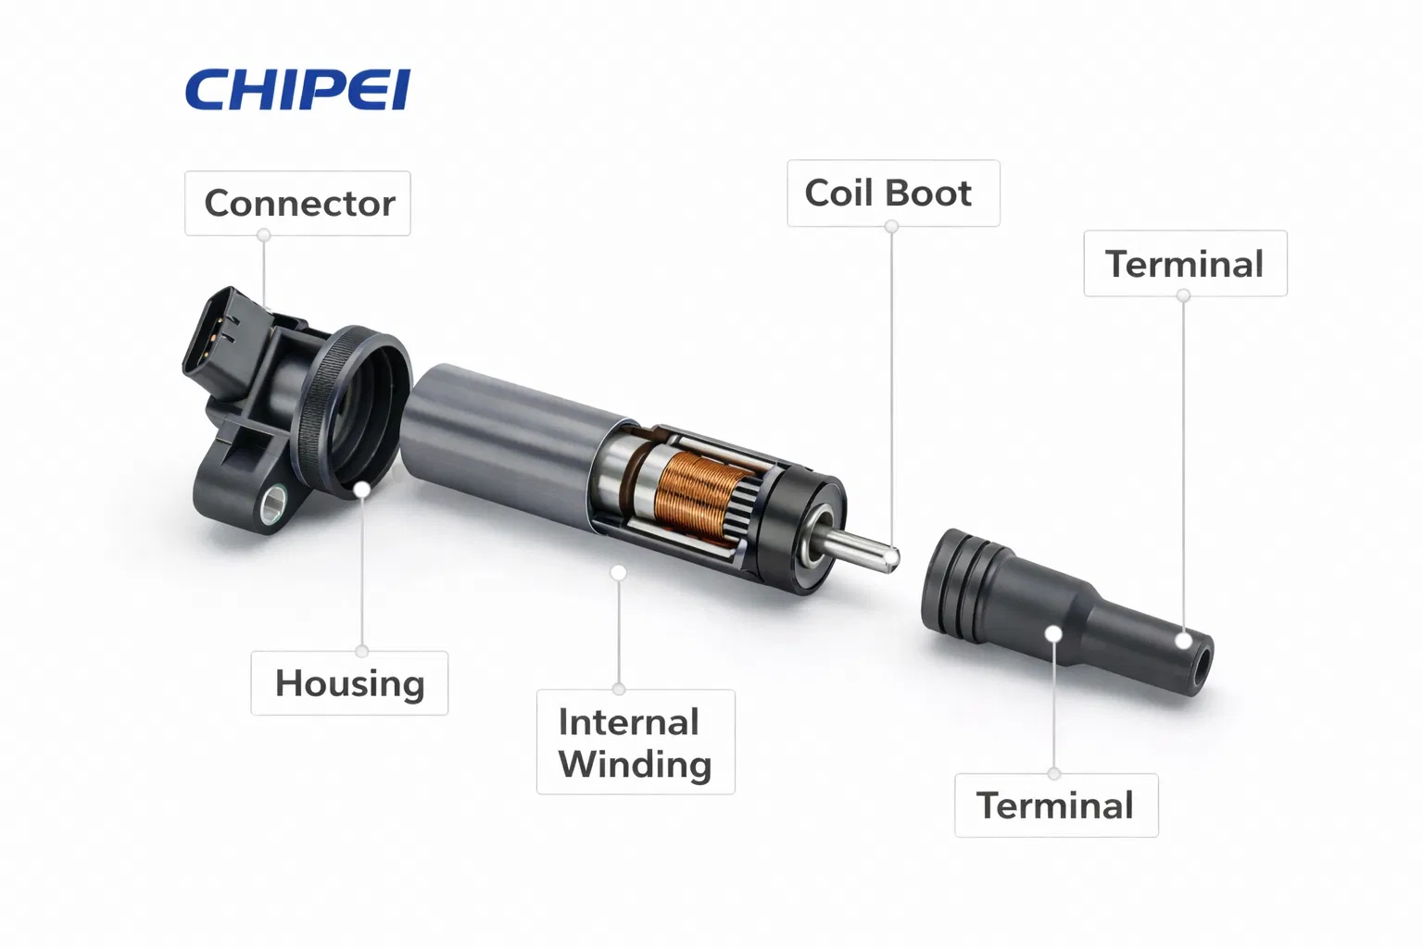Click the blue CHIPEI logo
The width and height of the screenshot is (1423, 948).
pyautogui.click(x=297, y=90)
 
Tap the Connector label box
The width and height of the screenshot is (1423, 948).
pyautogui.click(x=297, y=203)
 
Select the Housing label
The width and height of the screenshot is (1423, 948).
pyautogui.click(x=349, y=683)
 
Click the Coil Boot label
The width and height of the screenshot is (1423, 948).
pyautogui.click(x=893, y=193)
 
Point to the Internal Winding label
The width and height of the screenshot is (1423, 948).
pyautogui.click(x=636, y=742)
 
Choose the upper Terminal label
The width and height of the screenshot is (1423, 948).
pyautogui.click(x=1186, y=264)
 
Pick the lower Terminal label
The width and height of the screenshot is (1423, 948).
pyautogui.click(x=1056, y=805)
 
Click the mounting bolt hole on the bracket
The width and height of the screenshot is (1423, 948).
pyautogui.click(x=273, y=505)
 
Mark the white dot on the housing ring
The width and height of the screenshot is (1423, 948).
pyautogui.click(x=361, y=490)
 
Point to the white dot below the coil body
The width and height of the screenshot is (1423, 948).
pyautogui.click(x=619, y=573)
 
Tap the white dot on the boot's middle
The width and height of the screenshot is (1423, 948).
pyautogui.click(x=1054, y=633)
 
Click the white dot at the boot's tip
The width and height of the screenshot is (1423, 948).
pyautogui.click(x=1183, y=641)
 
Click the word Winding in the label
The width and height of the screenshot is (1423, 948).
pyautogui.click(x=636, y=764)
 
